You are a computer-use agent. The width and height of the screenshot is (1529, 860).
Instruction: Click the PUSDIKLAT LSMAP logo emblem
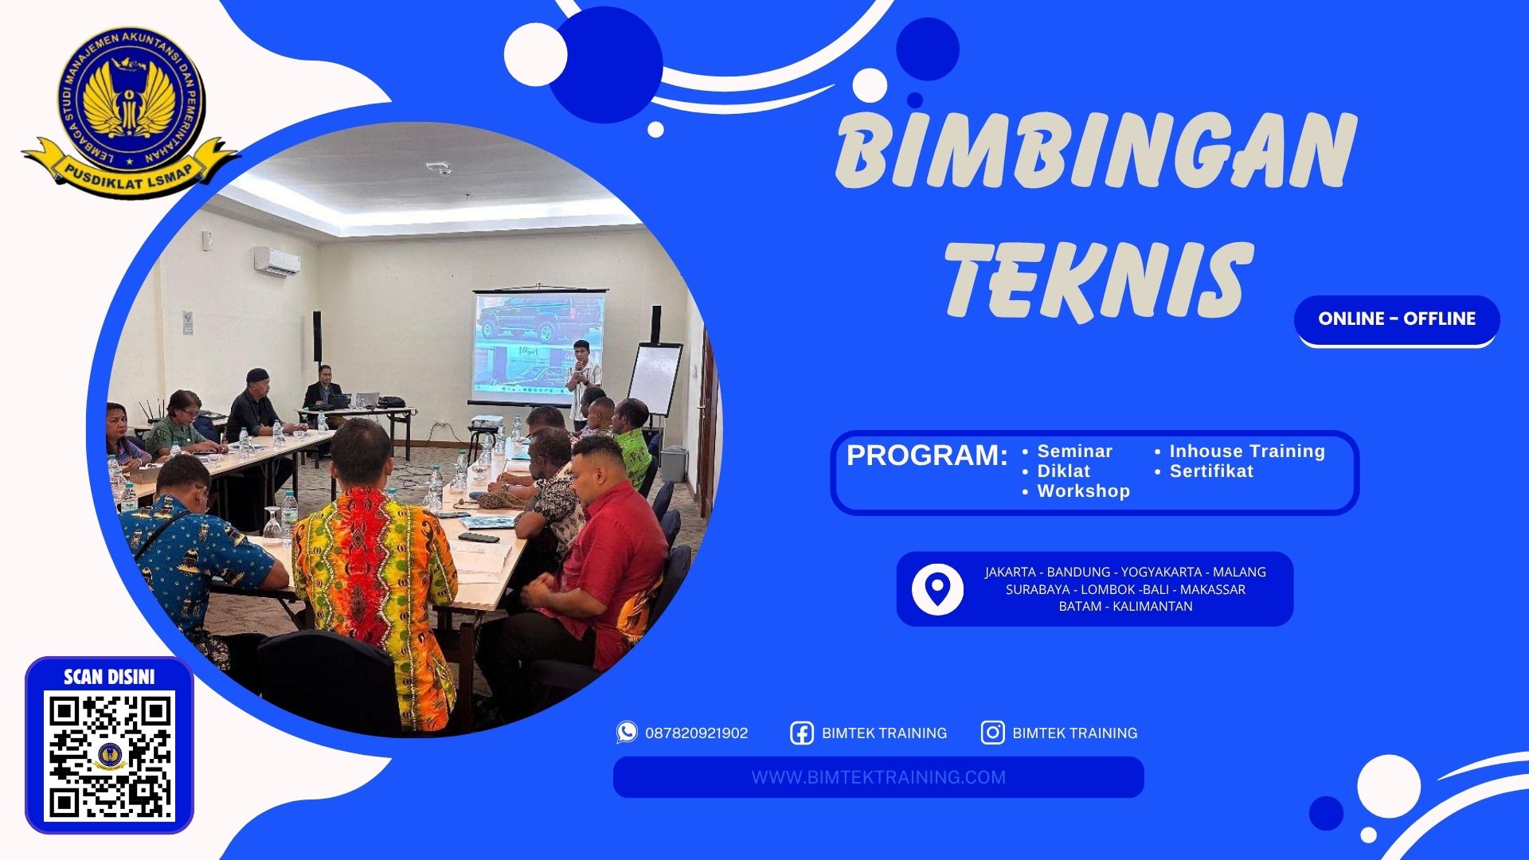click(130, 107)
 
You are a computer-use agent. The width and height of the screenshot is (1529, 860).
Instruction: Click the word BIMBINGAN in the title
click(1094, 151)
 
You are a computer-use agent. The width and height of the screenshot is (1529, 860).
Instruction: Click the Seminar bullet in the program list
click(1073, 451)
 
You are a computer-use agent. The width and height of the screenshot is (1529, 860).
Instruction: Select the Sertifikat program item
click(1210, 471)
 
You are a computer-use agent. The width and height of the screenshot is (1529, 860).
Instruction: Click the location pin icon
click(937, 589)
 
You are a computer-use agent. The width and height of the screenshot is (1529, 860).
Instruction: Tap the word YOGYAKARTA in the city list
click(1161, 572)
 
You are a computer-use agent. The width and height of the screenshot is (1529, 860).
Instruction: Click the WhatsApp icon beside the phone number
click(627, 733)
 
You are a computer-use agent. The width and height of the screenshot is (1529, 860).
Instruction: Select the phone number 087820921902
click(696, 733)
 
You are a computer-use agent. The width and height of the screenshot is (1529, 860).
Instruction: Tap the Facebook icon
click(801, 733)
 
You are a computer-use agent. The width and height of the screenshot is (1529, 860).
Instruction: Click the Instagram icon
click(992, 733)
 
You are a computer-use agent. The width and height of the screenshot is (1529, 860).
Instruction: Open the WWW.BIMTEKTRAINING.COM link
click(878, 777)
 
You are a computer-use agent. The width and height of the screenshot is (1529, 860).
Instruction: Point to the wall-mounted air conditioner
click(277, 260)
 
